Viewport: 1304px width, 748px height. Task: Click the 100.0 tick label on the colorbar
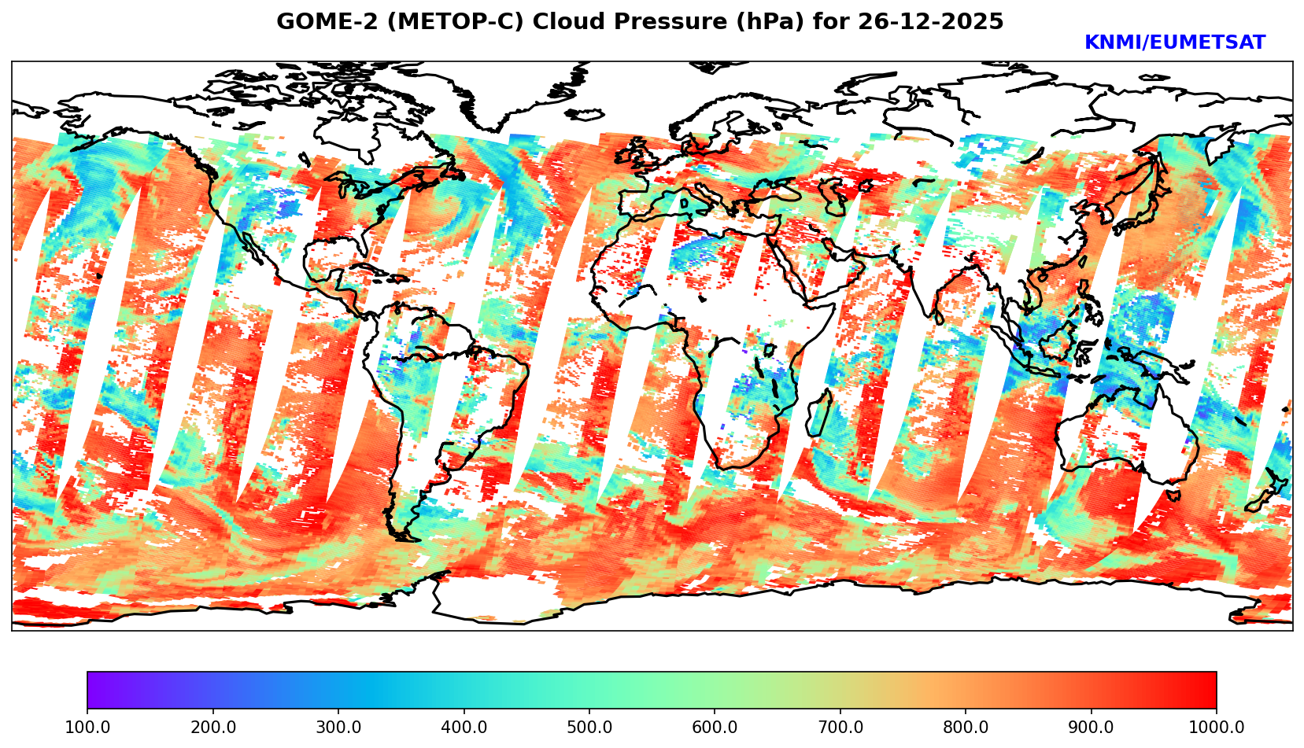[87, 728]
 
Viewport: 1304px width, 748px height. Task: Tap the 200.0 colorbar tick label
[212, 728]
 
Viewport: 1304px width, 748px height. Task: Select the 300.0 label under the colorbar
[338, 728]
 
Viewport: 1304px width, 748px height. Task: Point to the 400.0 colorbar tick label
[464, 728]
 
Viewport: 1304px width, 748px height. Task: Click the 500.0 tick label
[589, 728]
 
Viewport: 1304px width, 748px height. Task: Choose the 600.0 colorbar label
[715, 728]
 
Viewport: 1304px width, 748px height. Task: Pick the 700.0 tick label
[840, 728]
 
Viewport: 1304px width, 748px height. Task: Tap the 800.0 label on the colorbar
[966, 728]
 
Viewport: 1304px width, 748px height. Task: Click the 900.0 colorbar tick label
[1092, 728]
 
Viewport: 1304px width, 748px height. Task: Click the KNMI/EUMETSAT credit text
[1174, 43]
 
